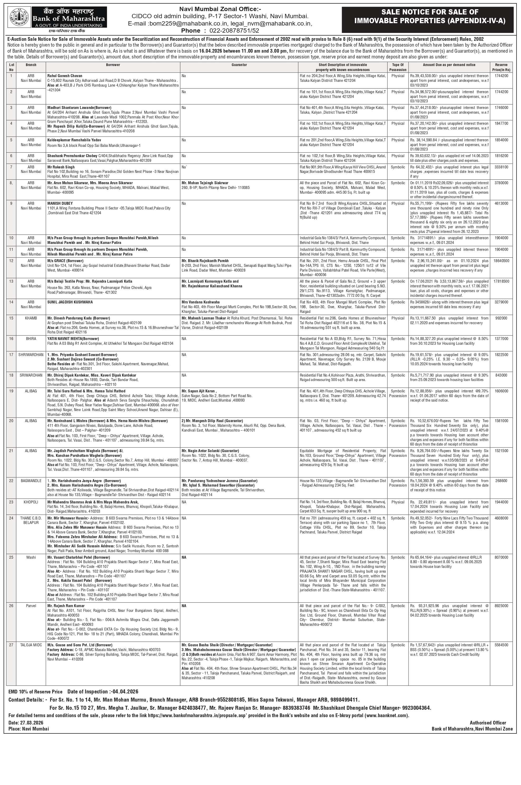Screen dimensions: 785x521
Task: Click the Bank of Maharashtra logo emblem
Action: click(x=19, y=18)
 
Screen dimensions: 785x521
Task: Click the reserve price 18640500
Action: click(x=501, y=261)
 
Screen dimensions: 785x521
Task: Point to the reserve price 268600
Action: click(x=501, y=481)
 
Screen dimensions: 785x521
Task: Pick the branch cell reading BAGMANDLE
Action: click(x=31, y=481)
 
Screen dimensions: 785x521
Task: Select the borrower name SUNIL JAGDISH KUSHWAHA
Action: click(x=70, y=302)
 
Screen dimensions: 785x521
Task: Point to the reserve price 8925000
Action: click(x=501, y=606)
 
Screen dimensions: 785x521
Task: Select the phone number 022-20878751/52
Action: click(x=232, y=31)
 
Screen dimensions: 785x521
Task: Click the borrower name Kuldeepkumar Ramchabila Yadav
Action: click(x=74, y=140)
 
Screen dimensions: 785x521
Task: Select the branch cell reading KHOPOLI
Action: click(x=31, y=502)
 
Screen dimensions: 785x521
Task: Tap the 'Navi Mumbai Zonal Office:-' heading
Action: click(x=220, y=9)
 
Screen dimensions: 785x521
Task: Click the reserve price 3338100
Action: click(x=501, y=167)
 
